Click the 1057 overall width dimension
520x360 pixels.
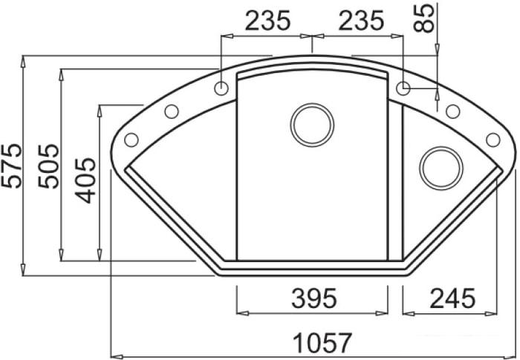point(321,343)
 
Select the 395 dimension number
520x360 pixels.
point(312,298)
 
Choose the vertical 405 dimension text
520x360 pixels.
point(87,180)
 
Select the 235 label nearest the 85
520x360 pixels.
point(360,21)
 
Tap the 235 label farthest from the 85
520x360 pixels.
point(267,21)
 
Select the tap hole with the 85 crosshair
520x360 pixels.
point(403,88)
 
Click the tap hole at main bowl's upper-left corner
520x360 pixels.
point(221,88)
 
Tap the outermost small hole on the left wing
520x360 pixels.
point(132,139)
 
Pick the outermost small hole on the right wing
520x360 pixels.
point(492,139)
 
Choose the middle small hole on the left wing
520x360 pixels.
point(171,112)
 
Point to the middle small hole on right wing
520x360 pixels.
point(452,112)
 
